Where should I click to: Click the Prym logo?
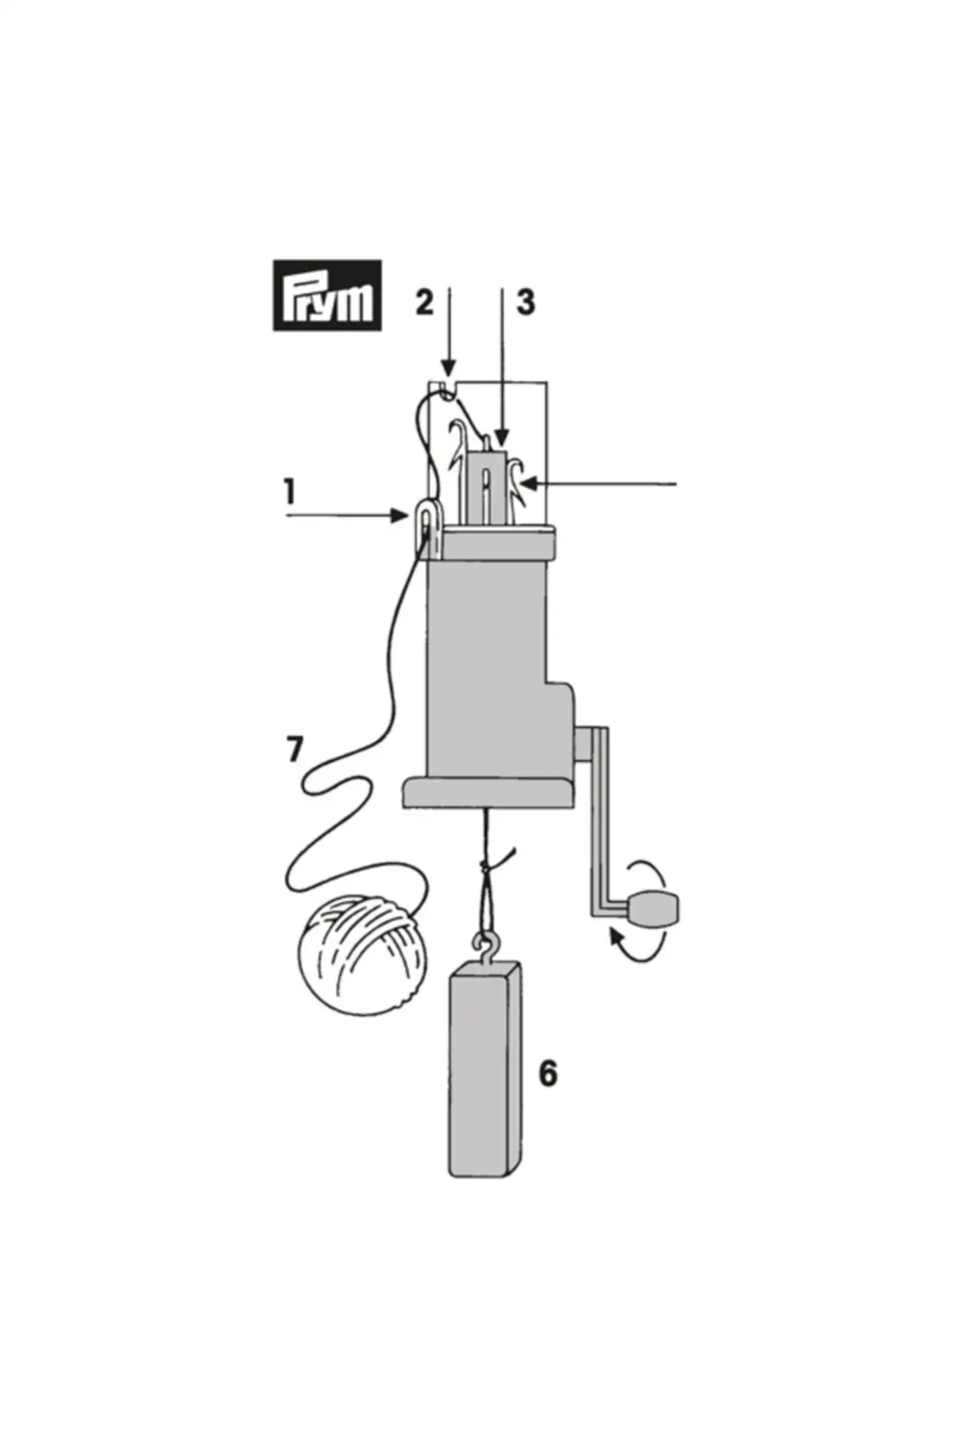[x=327, y=295]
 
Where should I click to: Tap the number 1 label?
[x=290, y=491]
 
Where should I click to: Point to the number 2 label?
[x=424, y=302]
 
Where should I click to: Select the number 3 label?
[x=525, y=302]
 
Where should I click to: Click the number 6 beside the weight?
[x=548, y=1073]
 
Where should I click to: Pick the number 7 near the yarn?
[x=295, y=750]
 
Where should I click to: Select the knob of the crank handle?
[x=655, y=909]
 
